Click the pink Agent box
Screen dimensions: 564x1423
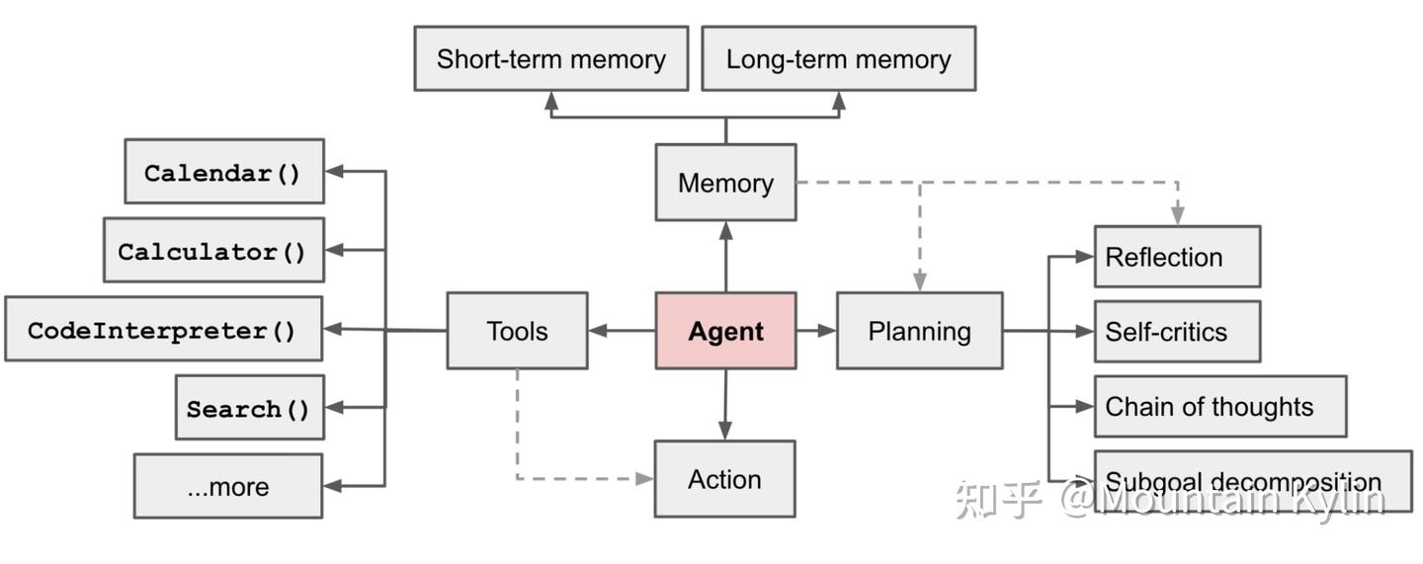tap(725, 331)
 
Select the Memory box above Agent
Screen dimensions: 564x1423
tap(725, 183)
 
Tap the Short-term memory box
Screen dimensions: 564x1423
tap(550, 59)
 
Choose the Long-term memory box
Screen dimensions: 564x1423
tap(838, 59)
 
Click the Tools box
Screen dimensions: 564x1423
tap(517, 331)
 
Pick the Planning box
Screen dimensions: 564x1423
tap(919, 331)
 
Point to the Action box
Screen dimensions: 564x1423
tap(724, 479)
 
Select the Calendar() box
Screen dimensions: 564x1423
tap(223, 172)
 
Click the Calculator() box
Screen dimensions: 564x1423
tap(213, 251)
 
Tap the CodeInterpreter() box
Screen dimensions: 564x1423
tap(163, 329)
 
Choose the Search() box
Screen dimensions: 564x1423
tap(249, 407)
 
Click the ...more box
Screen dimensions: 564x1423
tap(227, 486)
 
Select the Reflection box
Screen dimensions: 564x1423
tap(1176, 257)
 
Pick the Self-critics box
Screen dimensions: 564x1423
tap(1176, 332)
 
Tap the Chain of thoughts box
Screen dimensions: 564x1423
tap(1219, 406)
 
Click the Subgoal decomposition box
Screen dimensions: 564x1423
tap(1252, 482)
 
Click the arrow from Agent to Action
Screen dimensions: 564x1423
tap(725, 405)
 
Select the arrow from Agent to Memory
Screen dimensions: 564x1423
tap(725, 257)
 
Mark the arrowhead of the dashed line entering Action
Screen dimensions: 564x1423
tap(644, 479)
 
